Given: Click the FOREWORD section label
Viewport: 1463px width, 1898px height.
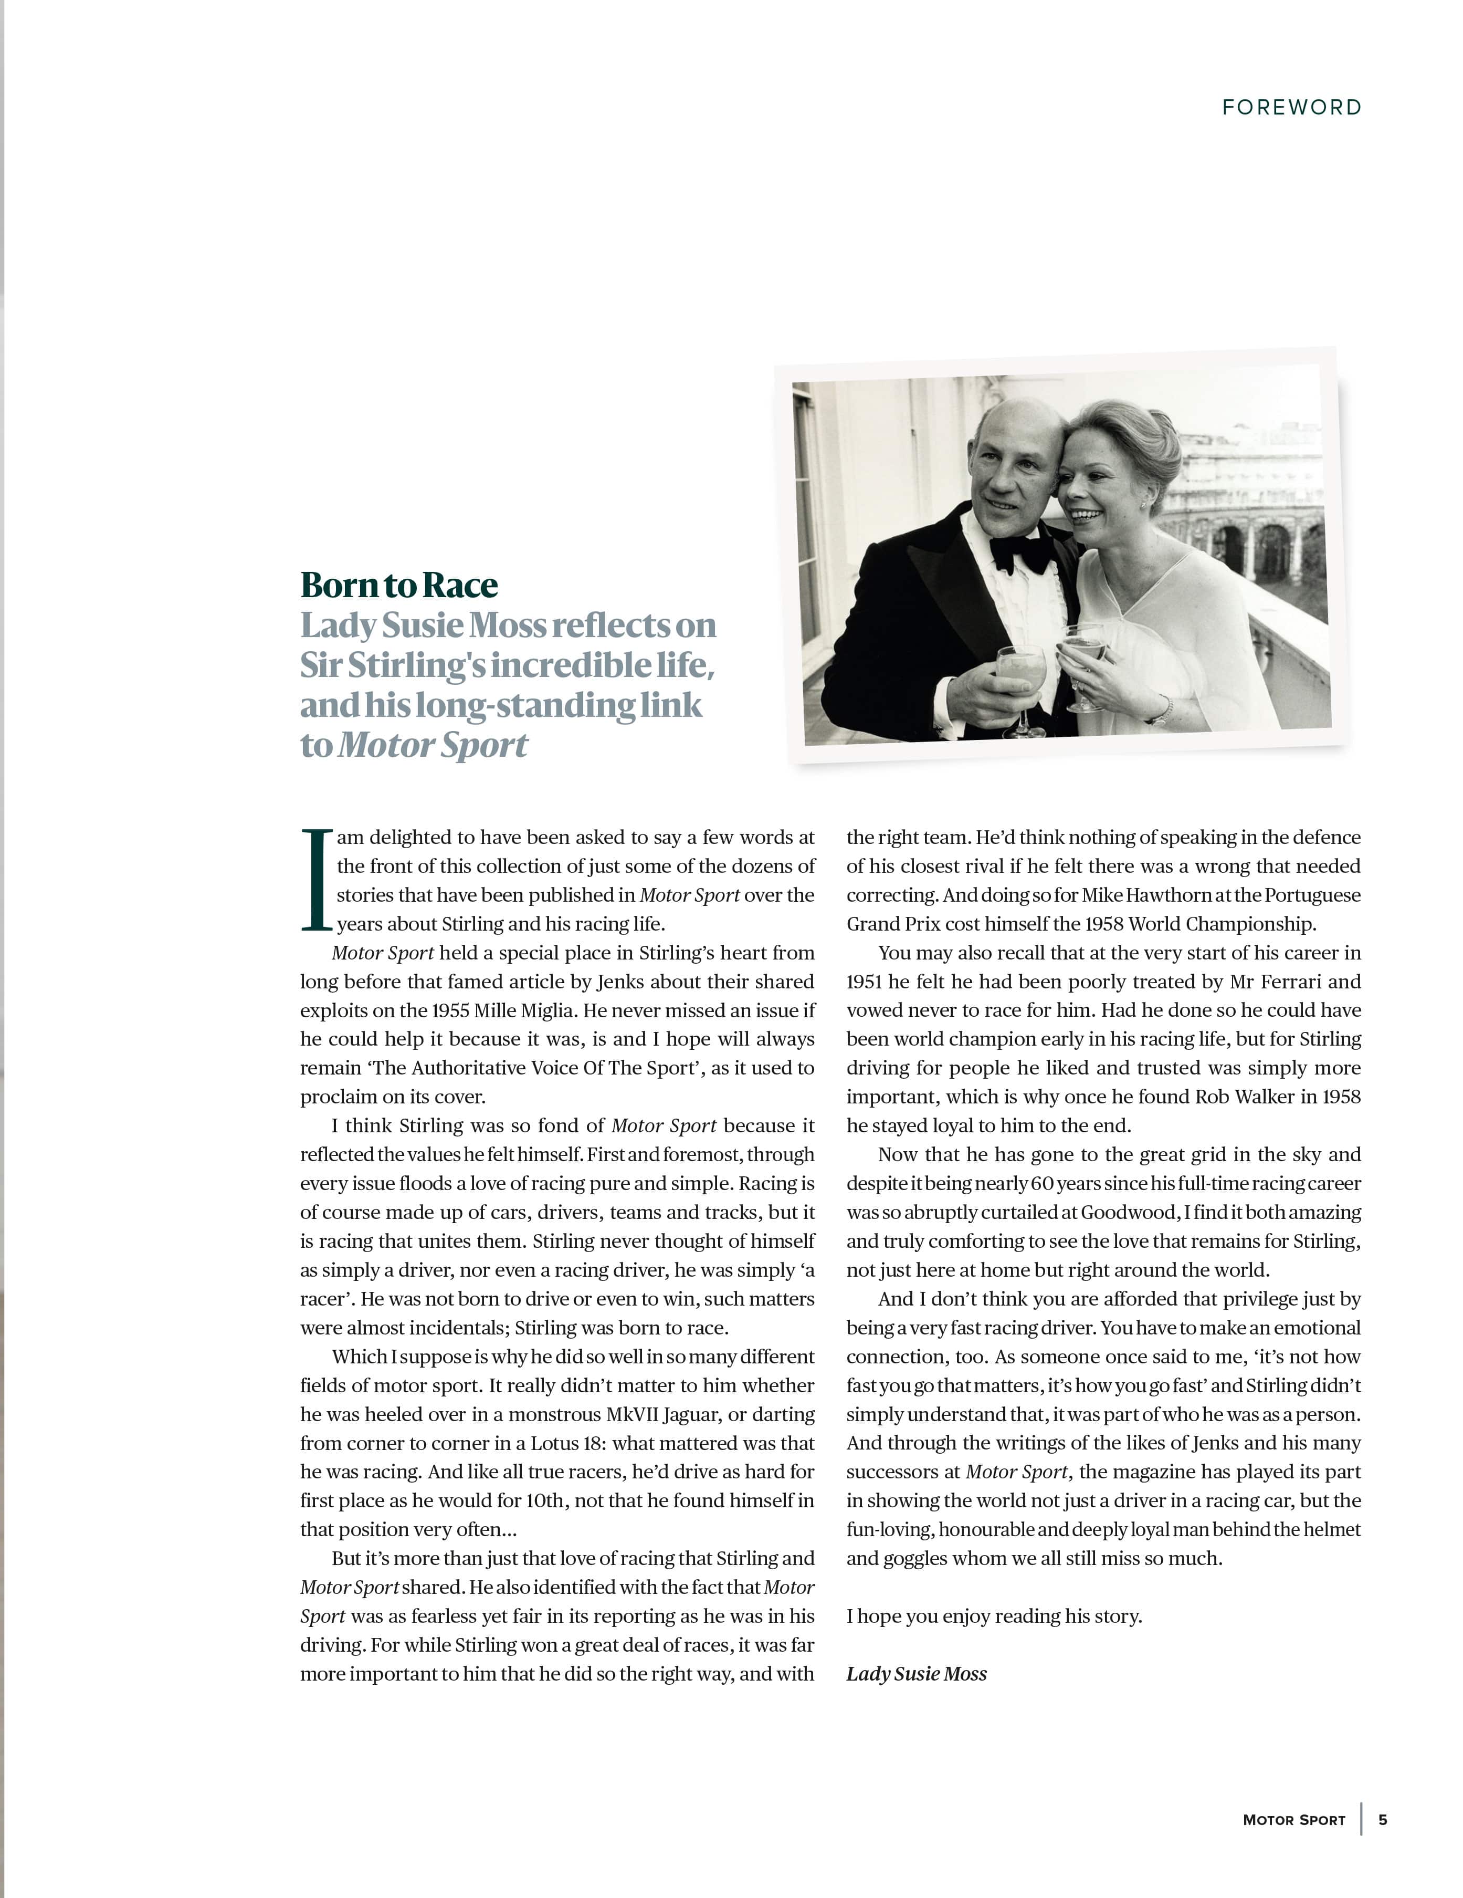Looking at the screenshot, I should coord(1291,108).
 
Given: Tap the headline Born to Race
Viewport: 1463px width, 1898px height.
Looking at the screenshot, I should coord(399,586).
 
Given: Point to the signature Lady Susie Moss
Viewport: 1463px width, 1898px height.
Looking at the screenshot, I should coord(917,1674).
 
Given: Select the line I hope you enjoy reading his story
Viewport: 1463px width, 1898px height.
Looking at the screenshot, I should coord(994,1617).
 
